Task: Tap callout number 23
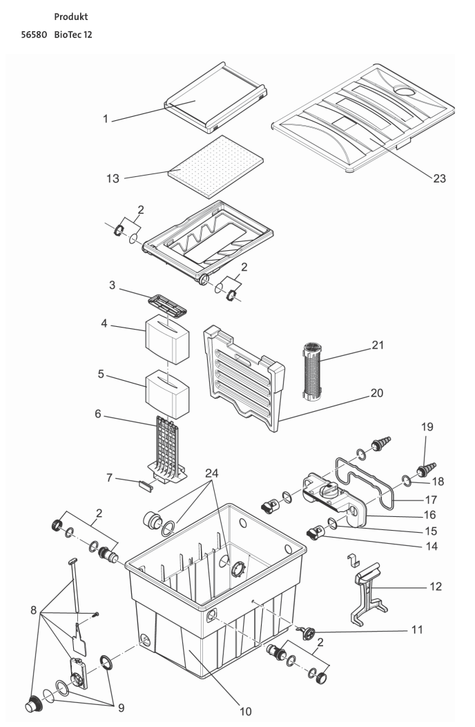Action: click(439, 178)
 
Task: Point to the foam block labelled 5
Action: click(168, 393)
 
